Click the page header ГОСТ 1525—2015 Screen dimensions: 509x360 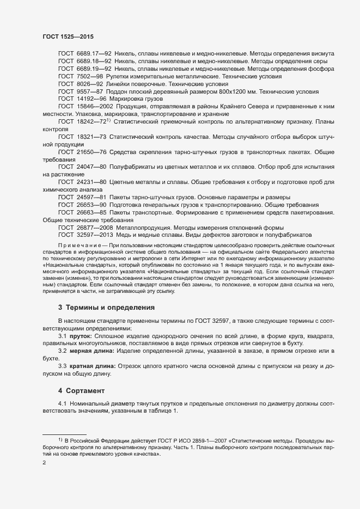pos(68,36)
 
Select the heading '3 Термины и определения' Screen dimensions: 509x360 pos(106,307)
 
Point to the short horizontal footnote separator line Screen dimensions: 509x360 pos(65,433)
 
